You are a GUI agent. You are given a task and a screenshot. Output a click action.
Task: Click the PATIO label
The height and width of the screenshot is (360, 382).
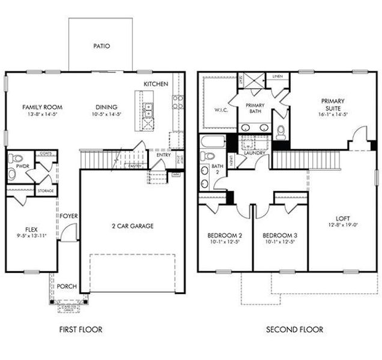101,46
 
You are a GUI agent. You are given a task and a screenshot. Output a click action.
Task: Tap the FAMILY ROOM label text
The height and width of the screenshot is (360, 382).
42,107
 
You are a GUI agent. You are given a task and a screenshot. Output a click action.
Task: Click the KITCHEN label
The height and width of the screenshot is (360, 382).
156,84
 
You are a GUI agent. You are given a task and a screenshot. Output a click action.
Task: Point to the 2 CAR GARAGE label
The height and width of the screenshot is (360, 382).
133,226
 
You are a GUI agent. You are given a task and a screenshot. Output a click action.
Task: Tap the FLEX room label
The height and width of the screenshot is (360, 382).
31,229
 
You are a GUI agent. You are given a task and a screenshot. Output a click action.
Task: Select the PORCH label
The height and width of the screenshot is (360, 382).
66,287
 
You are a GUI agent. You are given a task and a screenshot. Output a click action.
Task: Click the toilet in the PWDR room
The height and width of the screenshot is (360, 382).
13,175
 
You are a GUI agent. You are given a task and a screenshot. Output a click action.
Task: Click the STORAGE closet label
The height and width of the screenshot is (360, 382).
46,191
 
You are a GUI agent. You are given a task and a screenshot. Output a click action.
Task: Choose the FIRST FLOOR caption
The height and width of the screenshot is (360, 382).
80,329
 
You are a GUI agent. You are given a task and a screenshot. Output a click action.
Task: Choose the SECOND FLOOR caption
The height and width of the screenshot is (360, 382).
295,329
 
